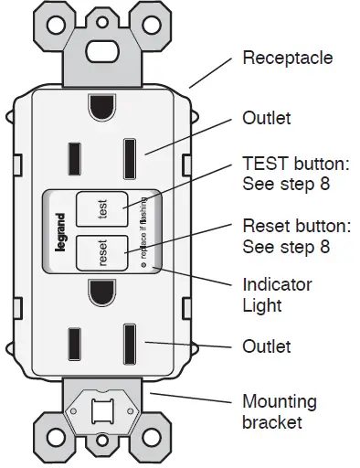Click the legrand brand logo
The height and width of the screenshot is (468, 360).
tap(60, 235)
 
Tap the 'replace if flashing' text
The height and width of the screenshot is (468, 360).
tap(144, 235)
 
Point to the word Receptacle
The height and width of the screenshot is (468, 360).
tap(287, 58)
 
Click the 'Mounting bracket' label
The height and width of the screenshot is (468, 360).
tap(279, 412)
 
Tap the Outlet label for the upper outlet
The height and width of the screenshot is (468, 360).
tap(266, 119)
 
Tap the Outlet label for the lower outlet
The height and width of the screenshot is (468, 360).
tap(266, 346)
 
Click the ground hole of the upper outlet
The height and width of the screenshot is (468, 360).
tap(101, 108)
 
